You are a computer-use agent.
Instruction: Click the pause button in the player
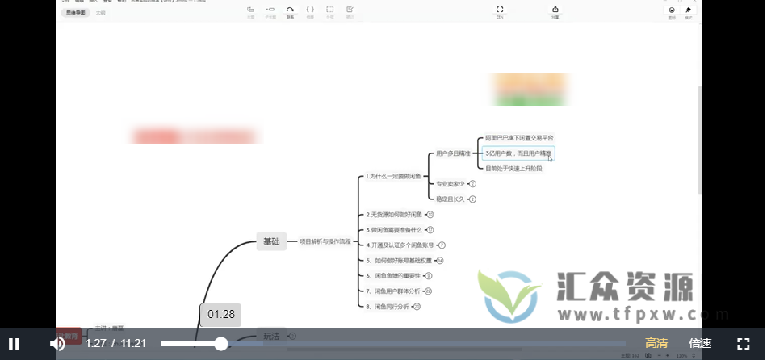click(x=15, y=344)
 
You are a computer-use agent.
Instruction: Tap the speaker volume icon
click(x=57, y=344)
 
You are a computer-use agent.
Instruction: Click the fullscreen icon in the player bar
click(x=743, y=344)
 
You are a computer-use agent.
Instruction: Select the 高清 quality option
click(x=656, y=344)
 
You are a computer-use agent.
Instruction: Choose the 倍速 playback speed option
click(x=700, y=344)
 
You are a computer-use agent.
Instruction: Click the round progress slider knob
click(x=220, y=344)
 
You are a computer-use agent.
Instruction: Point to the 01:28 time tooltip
click(x=220, y=314)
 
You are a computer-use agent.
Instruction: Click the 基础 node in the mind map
click(x=271, y=241)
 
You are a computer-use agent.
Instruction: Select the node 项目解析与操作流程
click(x=325, y=241)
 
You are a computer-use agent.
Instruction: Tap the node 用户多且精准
click(x=454, y=153)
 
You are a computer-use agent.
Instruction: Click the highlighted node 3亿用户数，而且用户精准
click(x=518, y=153)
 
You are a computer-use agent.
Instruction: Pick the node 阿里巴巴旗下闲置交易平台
click(x=519, y=138)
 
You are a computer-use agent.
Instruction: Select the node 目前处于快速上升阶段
click(x=513, y=168)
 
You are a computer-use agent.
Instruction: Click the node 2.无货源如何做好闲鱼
click(x=394, y=215)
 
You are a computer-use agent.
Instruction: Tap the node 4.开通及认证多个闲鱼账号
click(x=400, y=245)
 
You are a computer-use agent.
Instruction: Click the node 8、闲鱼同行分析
click(x=388, y=307)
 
